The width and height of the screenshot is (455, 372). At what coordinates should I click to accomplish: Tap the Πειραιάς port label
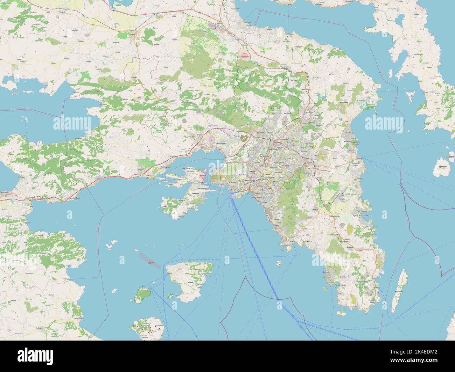240,192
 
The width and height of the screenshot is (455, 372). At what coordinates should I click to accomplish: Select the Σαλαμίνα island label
195,193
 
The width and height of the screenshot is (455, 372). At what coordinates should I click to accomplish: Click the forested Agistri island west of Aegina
142,295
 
